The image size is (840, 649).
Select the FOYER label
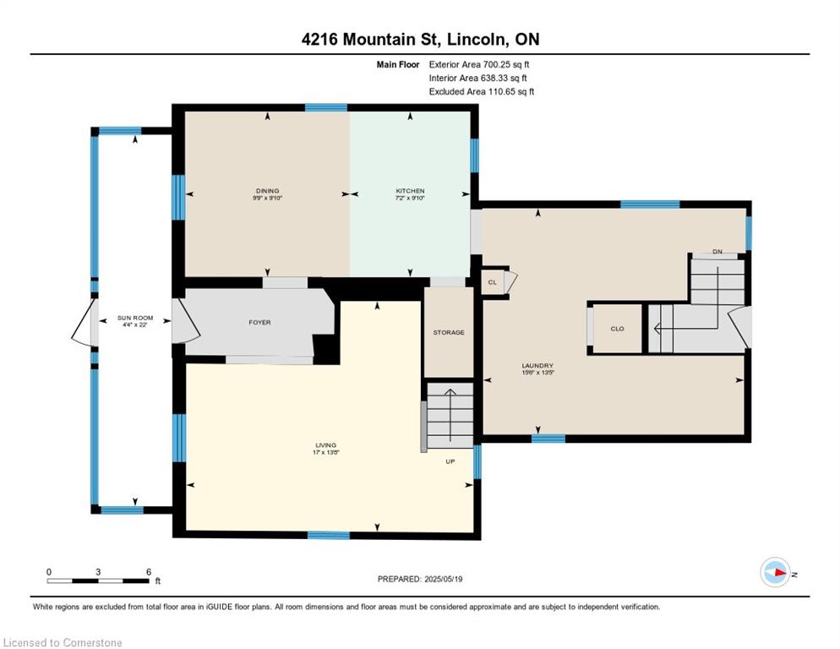click(259, 322)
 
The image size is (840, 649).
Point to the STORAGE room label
click(449, 332)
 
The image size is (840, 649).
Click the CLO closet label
click(617, 329)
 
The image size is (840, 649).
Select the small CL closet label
click(493, 282)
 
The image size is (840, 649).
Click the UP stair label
click(450, 461)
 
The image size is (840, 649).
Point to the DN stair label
click(717, 251)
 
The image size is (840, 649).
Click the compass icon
click(776, 572)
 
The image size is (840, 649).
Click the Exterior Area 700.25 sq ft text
click(479, 64)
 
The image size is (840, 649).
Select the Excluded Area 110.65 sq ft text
click(482, 91)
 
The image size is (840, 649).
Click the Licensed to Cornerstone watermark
click(63, 642)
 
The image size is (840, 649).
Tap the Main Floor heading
click(397, 64)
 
